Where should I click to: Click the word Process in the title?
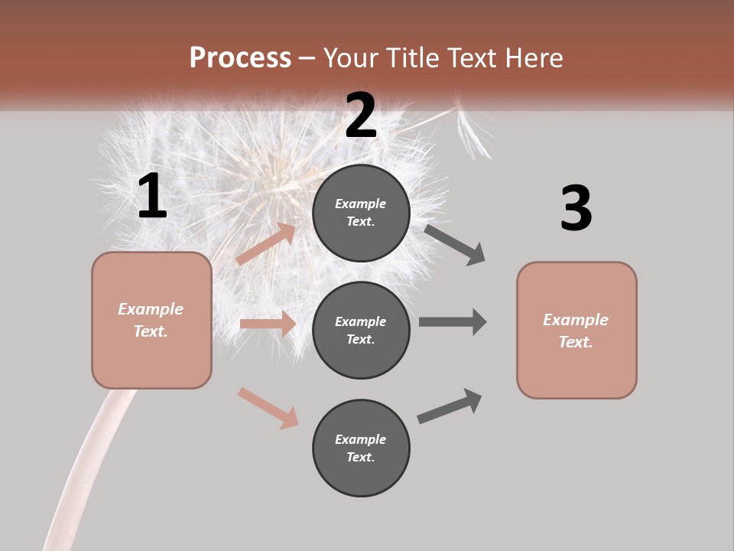click(240, 58)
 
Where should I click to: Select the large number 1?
click(151, 197)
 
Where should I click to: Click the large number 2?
click(361, 116)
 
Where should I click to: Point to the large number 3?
click(576, 209)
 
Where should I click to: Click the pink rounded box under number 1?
click(151, 320)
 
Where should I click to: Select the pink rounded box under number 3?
click(576, 331)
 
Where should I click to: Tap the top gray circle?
click(361, 213)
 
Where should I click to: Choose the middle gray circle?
click(361, 331)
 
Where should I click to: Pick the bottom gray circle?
click(361, 448)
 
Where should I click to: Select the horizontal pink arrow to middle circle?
click(268, 324)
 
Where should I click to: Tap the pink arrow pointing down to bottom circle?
click(268, 408)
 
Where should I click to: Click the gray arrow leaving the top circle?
click(455, 244)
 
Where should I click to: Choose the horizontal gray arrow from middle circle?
click(453, 322)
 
